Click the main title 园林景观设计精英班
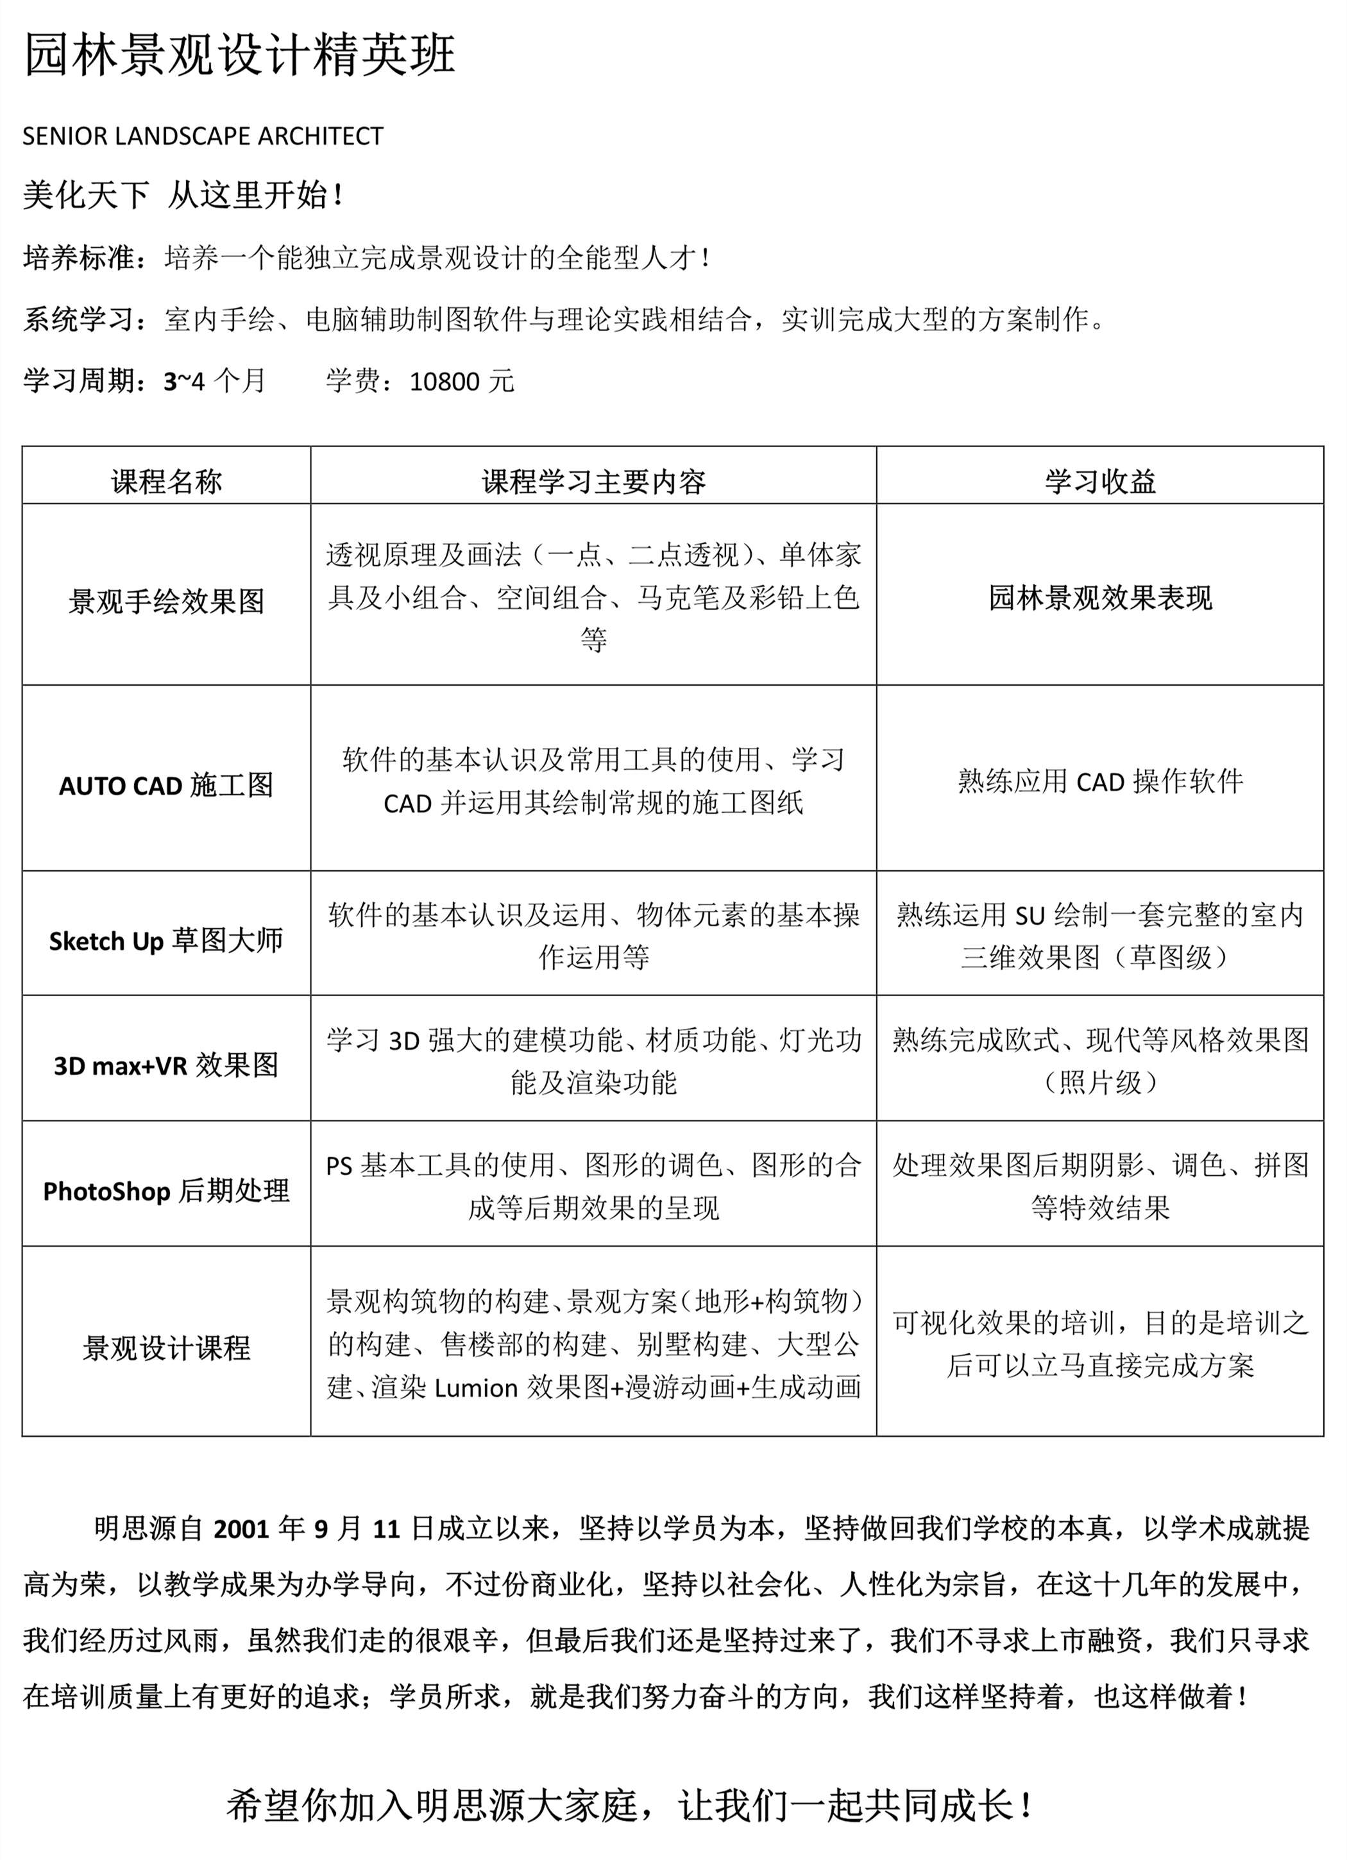click(239, 56)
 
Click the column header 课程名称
click(167, 482)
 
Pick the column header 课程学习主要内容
click(593, 482)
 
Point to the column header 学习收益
click(1099, 482)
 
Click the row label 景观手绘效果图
click(167, 601)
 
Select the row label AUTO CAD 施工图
click(167, 786)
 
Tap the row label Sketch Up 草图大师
click(167, 941)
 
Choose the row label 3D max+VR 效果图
click(167, 1065)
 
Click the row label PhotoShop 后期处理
click(167, 1191)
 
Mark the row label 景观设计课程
click(167, 1348)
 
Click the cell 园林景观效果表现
click(1099, 598)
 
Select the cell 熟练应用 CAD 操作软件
click(1099, 782)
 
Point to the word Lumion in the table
click(476, 1389)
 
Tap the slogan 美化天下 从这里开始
click(182, 195)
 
